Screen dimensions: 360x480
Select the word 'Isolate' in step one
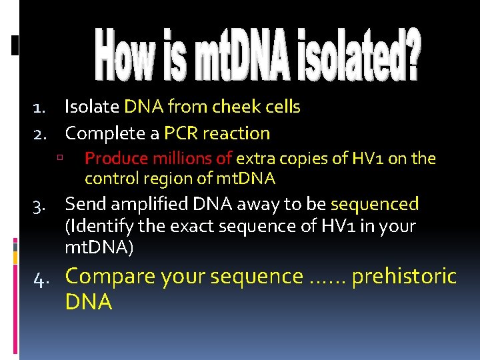[x=92, y=107]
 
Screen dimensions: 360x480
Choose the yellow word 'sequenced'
[x=375, y=204]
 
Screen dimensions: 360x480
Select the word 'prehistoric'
[x=404, y=276]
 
